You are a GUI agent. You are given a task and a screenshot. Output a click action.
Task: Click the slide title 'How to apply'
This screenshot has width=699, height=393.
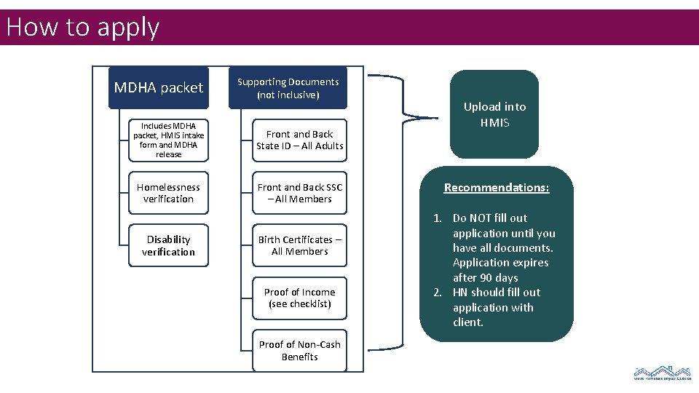(x=82, y=28)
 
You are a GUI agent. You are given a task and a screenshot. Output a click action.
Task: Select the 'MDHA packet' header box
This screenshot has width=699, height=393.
(x=159, y=88)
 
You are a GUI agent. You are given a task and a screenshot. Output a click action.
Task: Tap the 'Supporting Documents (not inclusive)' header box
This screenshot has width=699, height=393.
(x=288, y=88)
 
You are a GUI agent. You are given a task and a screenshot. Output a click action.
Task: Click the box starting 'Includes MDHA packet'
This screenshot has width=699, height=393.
(x=168, y=140)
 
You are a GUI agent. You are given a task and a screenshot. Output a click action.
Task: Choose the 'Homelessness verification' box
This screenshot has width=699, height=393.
(x=168, y=193)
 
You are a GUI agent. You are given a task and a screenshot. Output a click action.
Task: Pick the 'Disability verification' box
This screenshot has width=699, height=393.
(x=168, y=246)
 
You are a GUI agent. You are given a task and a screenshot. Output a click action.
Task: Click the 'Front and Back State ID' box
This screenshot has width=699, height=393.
(x=299, y=140)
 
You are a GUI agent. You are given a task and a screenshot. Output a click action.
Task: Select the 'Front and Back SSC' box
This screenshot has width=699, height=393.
(x=299, y=193)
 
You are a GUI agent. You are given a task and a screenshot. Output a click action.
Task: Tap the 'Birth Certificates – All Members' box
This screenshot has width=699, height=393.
(x=299, y=246)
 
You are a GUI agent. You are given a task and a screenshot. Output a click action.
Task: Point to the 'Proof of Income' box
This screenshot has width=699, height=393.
(x=299, y=298)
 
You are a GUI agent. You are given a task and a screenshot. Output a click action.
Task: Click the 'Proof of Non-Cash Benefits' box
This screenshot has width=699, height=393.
(x=299, y=351)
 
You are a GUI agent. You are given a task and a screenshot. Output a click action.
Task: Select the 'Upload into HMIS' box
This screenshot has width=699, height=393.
(x=494, y=114)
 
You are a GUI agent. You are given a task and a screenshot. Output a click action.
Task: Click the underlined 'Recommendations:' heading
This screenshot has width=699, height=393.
(x=497, y=188)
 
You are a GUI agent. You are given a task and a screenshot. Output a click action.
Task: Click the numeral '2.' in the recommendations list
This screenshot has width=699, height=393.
(x=438, y=293)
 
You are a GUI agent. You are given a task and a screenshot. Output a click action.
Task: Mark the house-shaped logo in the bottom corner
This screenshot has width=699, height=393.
(x=662, y=373)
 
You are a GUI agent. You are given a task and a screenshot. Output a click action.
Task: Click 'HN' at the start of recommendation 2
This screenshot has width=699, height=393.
(x=460, y=293)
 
